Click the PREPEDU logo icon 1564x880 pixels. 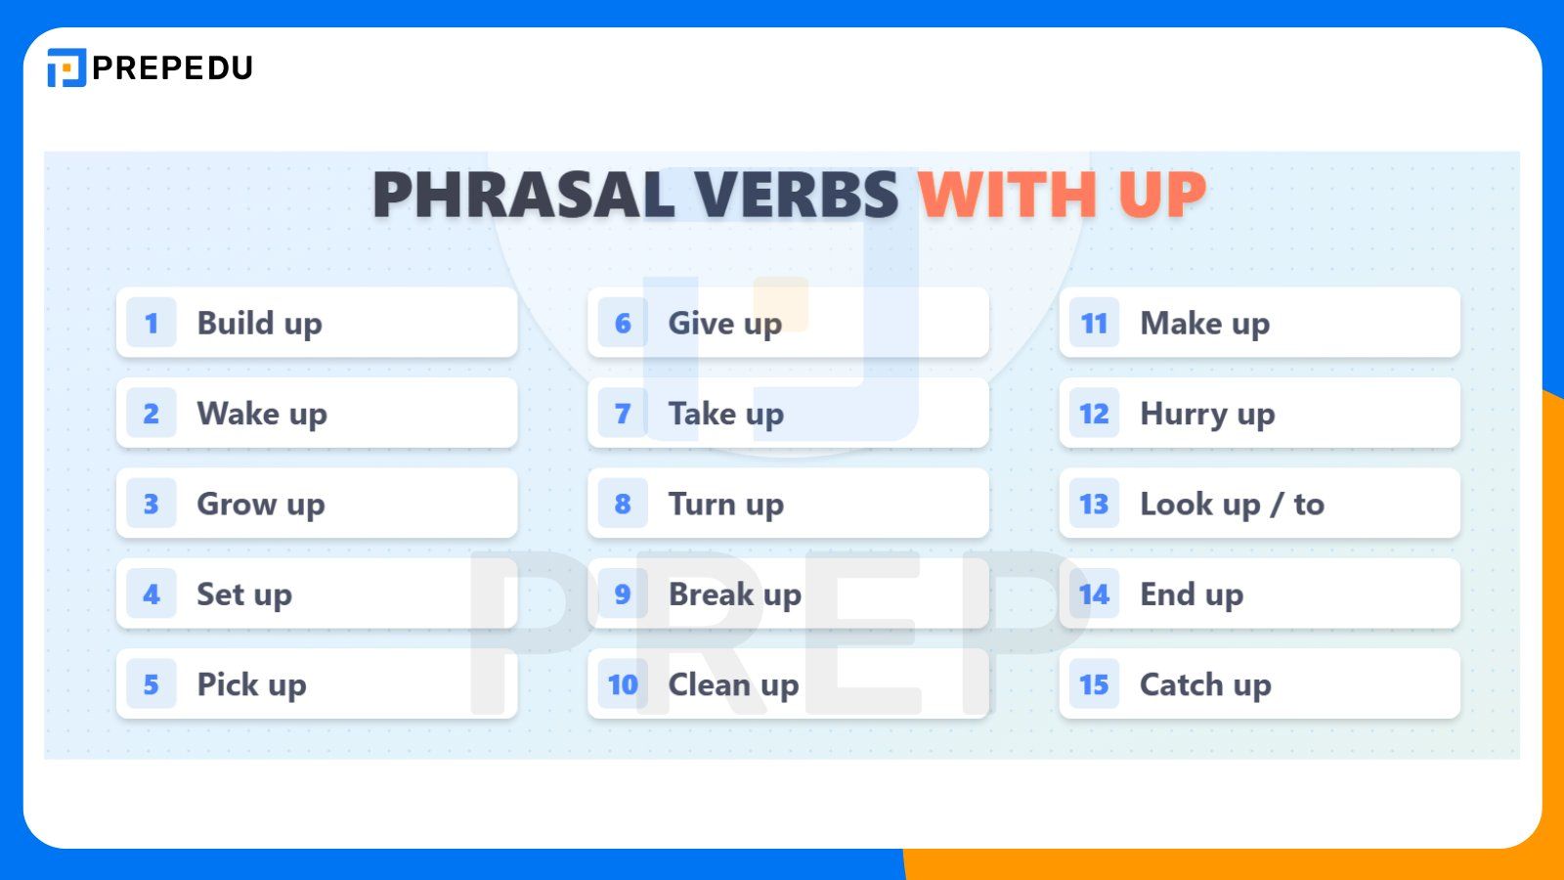coord(66,67)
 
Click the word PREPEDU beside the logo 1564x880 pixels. coord(173,67)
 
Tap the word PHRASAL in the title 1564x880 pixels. coord(524,195)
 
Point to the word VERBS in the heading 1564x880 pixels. coord(797,195)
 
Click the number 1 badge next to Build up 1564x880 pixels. coord(152,323)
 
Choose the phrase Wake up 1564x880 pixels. coord(261,414)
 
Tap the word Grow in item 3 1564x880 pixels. coord(237,505)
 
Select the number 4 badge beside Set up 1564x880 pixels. coord(152,594)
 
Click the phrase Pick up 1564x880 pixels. coord(251,684)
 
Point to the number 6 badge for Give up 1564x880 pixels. coord(623,323)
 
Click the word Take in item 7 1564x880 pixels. coord(702,414)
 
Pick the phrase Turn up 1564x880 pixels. coord(725,505)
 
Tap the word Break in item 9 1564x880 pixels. coord(712,594)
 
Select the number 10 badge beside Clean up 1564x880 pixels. coord(623,684)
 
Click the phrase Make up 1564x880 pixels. coord(1204,323)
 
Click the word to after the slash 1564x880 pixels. coord(1309,505)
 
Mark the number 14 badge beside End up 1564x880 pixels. coord(1094,594)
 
